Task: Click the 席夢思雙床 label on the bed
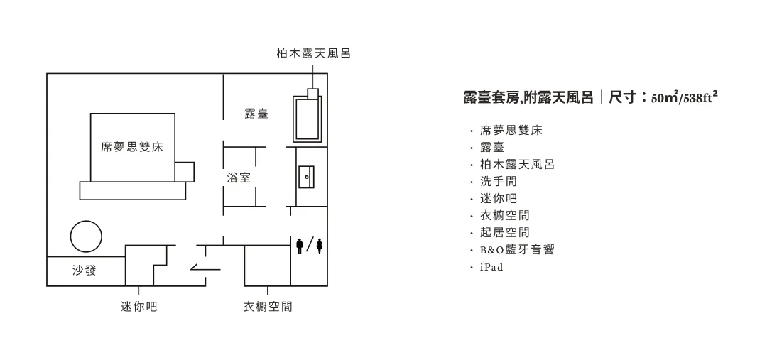132,147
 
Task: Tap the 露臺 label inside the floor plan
256,114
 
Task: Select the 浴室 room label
239,178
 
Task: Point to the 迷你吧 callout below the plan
138,307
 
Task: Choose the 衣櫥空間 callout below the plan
268,307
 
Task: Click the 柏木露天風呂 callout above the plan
313,53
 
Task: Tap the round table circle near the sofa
85,236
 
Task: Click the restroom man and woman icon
310,246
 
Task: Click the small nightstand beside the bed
184,171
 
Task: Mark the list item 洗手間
499,182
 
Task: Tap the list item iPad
491,267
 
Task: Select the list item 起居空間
504,233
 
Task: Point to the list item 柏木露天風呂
517,165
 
